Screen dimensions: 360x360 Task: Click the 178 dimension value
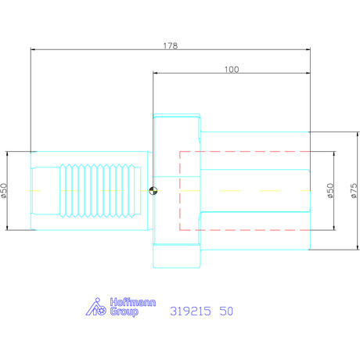(x=171, y=46)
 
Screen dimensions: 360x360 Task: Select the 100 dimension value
(x=232, y=70)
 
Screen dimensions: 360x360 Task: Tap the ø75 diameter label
(x=354, y=191)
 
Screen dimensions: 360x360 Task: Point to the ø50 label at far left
(x=4, y=191)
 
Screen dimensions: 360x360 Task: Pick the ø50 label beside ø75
(x=330, y=191)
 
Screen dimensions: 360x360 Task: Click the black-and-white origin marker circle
(x=153, y=191)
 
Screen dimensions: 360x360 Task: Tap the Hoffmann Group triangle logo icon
(x=95, y=307)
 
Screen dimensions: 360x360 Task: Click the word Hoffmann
(x=133, y=302)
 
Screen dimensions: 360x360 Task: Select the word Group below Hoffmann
(x=124, y=311)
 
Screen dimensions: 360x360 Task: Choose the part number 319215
(x=190, y=311)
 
